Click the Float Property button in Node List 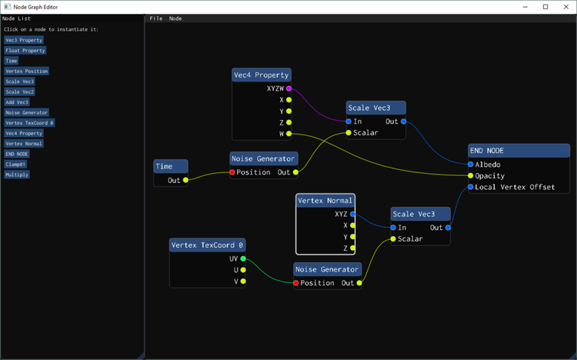tap(25, 51)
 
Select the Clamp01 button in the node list tap(15, 164)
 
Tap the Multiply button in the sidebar tap(17, 175)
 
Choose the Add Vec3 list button tap(17, 102)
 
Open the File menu tap(155, 18)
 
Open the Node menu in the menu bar tap(175, 18)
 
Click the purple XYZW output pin tap(288, 88)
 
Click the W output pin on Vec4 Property tap(288, 134)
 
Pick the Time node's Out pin tap(185, 180)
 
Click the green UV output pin tap(243, 258)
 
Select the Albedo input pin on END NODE tap(470, 164)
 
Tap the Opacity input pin tap(470, 175)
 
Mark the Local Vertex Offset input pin tap(470, 187)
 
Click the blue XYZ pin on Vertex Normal tap(352, 214)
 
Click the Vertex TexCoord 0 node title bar tap(207, 245)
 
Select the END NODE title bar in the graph tap(519, 151)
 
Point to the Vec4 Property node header tap(262, 75)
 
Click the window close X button tap(566, 7)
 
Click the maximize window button tap(545, 7)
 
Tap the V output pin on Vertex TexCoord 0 tap(243, 282)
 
